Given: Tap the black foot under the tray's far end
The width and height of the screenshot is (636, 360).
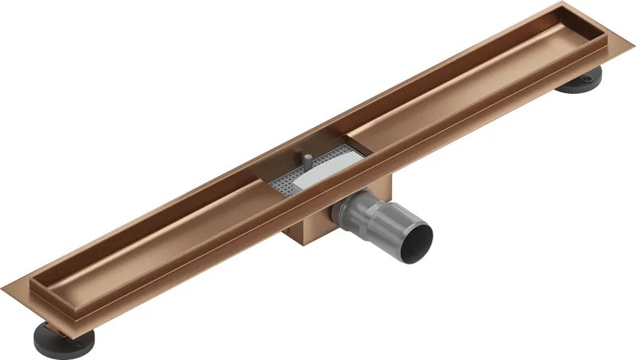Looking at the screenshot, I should [579, 82].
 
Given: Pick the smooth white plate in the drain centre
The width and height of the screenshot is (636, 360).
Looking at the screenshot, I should [318, 176].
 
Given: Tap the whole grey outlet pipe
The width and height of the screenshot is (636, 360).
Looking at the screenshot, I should [382, 223].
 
